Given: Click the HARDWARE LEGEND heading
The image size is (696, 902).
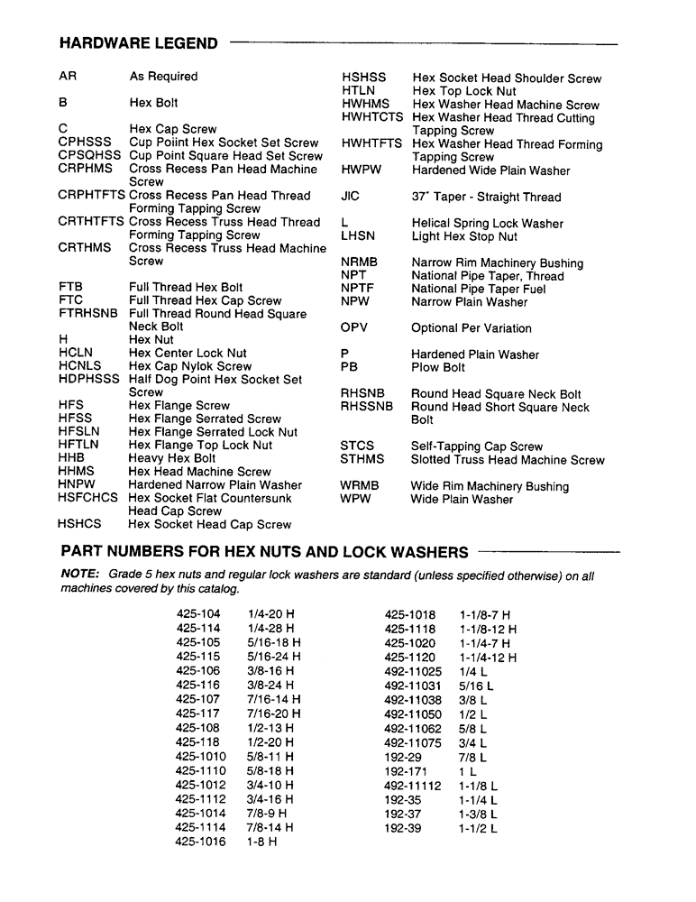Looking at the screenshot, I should (138, 43).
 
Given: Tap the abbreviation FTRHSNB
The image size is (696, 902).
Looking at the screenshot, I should (87, 314).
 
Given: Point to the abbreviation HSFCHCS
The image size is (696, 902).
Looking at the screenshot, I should (87, 498).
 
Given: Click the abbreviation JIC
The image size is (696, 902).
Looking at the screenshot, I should (351, 197).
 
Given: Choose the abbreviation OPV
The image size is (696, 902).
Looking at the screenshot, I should (354, 328).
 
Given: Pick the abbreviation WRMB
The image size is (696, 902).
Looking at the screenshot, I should (360, 486).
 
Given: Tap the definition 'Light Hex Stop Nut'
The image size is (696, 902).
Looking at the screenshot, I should (464, 236).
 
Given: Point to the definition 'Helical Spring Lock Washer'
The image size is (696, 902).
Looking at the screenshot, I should (488, 224).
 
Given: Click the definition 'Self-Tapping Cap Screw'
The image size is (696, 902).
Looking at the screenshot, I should (477, 446).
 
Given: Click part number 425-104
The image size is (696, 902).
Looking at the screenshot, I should (198, 614).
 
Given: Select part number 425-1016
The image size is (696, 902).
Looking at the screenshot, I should (201, 842).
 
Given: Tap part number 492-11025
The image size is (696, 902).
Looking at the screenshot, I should (413, 672).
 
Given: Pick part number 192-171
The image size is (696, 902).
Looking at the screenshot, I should (403, 772).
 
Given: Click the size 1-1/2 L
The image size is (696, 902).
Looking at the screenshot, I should (478, 828).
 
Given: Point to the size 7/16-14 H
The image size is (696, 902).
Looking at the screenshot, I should (274, 700).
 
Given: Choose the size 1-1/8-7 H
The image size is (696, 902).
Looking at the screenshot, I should (485, 614).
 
